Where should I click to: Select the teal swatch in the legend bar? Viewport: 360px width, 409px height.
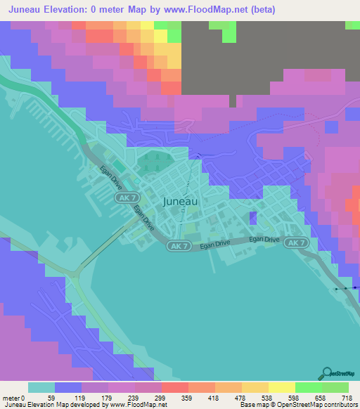pyautogui.click(x=41, y=387)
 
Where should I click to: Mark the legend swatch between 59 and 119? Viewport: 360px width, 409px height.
pyautogui.click(x=68, y=387)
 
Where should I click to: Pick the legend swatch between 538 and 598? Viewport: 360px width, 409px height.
pyautogui.click(x=282, y=387)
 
